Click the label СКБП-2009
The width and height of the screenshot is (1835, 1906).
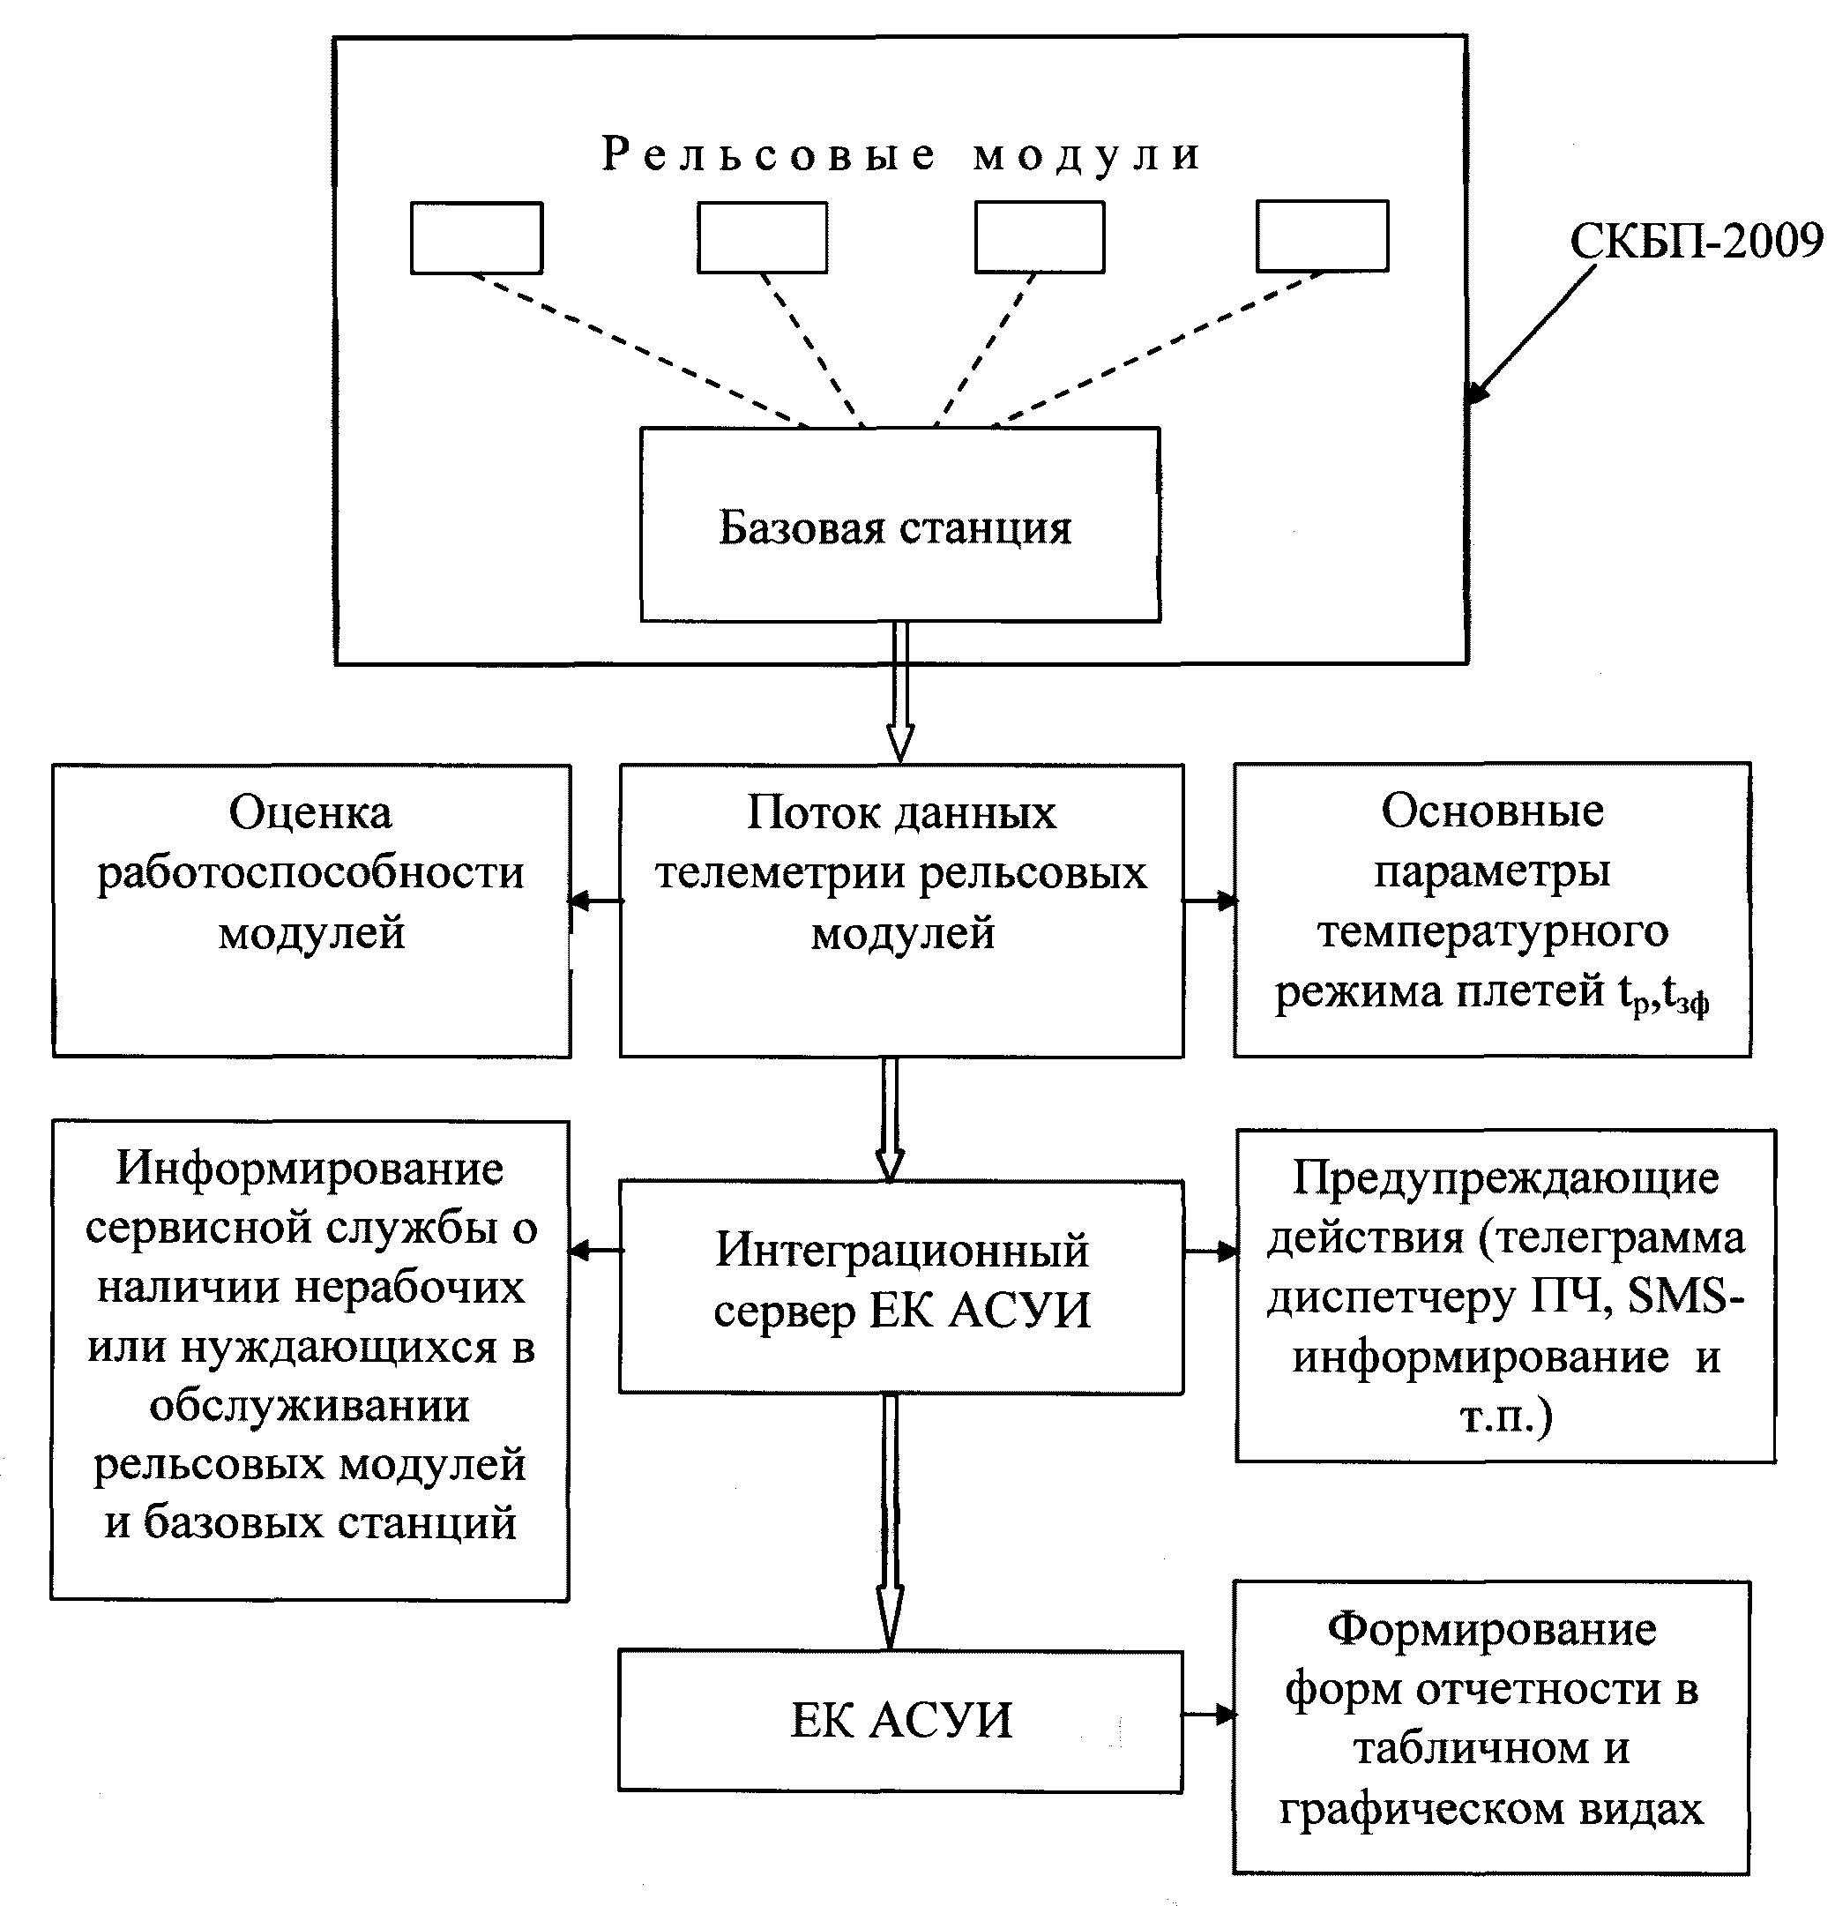pyautogui.click(x=1696, y=240)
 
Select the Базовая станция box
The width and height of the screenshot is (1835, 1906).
pyautogui.click(x=899, y=524)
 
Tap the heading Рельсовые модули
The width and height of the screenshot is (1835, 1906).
pyautogui.click(x=901, y=154)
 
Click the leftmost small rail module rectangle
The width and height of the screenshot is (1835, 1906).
pyautogui.click(x=476, y=237)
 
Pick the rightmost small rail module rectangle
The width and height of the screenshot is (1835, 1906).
pyautogui.click(x=1323, y=235)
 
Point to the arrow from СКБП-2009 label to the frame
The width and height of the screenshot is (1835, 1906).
pyautogui.click(x=1531, y=334)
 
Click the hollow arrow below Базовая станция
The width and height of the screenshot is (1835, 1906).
pyautogui.click(x=900, y=692)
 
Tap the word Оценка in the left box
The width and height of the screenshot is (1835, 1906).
pyautogui.click(x=310, y=812)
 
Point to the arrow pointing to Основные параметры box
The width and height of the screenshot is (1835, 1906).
pyautogui.click(x=1210, y=901)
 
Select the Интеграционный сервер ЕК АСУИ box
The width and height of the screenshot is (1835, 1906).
pyautogui.click(x=901, y=1287)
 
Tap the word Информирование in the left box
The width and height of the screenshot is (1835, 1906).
pyautogui.click(x=310, y=1168)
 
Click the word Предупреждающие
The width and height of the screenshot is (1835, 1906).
pyautogui.click(x=1505, y=1178)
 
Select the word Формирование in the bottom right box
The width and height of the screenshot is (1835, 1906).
pyautogui.click(x=1492, y=1629)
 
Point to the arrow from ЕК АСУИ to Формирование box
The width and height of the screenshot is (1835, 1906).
pyautogui.click(x=1210, y=1715)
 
